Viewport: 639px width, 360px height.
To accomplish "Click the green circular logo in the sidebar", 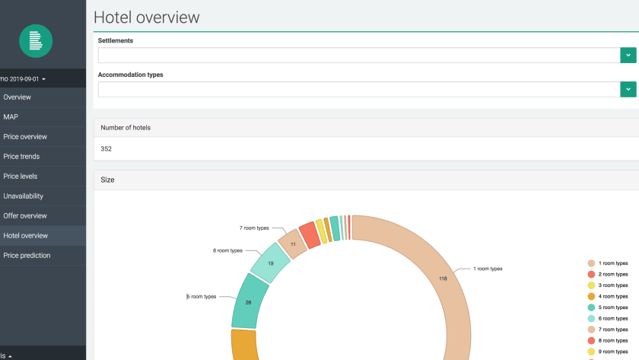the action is pyautogui.click(x=36, y=41).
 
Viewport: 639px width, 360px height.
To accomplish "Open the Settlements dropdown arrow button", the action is pyautogui.click(x=628, y=55).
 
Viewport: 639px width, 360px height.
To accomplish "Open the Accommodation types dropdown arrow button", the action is pyautogui.click(x=628, y=89).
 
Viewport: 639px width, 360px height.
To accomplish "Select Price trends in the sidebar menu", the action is pyautogui.click(x=21, y=157).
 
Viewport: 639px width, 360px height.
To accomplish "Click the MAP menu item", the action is pyautogui.click(x=11, y=117).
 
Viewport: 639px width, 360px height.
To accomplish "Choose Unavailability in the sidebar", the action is pyautogui.click(x=24, y=196).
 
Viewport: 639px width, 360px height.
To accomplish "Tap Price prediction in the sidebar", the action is pyautogui.click(x=27, y=256).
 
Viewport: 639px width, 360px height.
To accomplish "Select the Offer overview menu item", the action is pyautogui.click(x=25, y=216).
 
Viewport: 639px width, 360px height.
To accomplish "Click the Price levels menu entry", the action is pyautogui.click(x=21, y=177).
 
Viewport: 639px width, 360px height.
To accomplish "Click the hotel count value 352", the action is pyautogui.click(x=106, y=149).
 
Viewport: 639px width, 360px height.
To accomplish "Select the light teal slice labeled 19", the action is pyautogui.click(x=270, y=263).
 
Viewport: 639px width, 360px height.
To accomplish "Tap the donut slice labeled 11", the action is pyautogui.click(x=293, y=244).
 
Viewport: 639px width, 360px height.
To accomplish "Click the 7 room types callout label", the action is pyautogui.click(x=254, y=228).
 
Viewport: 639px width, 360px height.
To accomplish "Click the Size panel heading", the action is pyautogui.click(x=107, y=180).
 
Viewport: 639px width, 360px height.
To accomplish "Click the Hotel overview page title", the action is pyautogui.click(x=147, y=18).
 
